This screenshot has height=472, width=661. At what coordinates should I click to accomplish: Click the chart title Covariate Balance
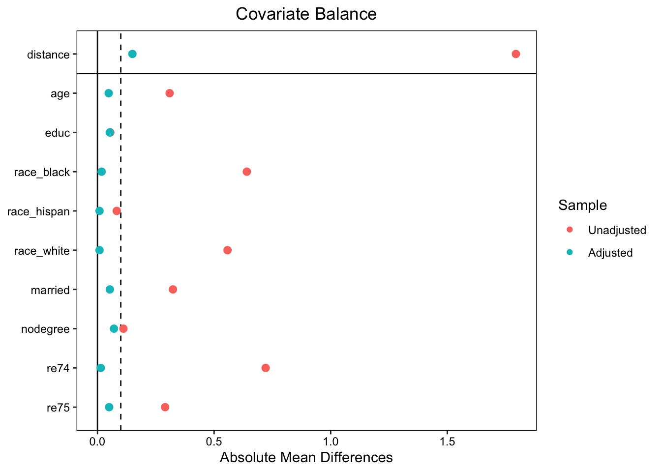(306, 14)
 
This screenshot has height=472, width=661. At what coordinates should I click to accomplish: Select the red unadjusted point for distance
(515, 54)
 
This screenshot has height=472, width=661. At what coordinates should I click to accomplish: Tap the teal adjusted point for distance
(132, 54)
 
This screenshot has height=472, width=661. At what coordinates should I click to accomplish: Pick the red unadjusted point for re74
(266, 368)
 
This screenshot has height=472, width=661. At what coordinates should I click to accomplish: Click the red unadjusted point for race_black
(247, 172)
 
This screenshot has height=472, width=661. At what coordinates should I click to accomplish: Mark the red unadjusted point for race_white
(227, 250)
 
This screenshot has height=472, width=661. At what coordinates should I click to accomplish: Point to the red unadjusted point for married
(173, 290)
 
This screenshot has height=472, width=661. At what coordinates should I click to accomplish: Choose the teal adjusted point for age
(109, 93)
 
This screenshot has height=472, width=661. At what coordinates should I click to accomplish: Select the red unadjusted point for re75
(165, 407)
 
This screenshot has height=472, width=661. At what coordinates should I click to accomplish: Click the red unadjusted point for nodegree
(123, 328)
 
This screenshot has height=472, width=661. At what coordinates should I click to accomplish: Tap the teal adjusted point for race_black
(101, 172)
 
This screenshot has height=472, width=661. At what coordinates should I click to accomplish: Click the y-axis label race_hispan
(38, 212)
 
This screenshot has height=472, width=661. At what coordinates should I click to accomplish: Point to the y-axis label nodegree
(45, 329)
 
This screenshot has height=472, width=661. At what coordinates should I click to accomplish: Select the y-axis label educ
(57, 133)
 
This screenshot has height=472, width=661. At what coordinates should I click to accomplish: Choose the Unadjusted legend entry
(617, 230)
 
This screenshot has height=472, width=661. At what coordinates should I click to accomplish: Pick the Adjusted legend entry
(610, 253)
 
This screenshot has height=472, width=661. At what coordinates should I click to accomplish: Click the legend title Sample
(582, 205)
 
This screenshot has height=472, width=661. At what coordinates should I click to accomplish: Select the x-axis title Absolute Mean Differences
(306, 458)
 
